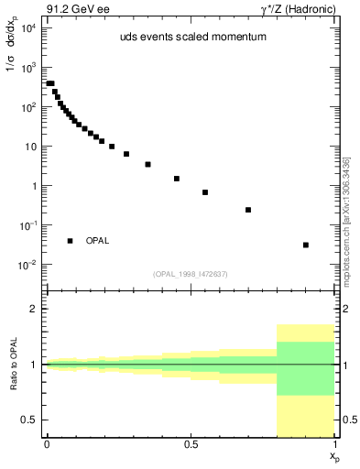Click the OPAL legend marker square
tap(70, 241)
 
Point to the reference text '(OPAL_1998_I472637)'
tap(190, 272)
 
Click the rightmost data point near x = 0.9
tap(306, 245)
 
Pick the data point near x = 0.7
tap(248, 210)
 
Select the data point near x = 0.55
tap(205, 192)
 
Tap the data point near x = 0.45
tap(177, 179)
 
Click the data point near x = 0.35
tap(147, 165)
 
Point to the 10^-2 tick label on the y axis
tap(28, 265)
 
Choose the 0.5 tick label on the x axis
tap(191, 444)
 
